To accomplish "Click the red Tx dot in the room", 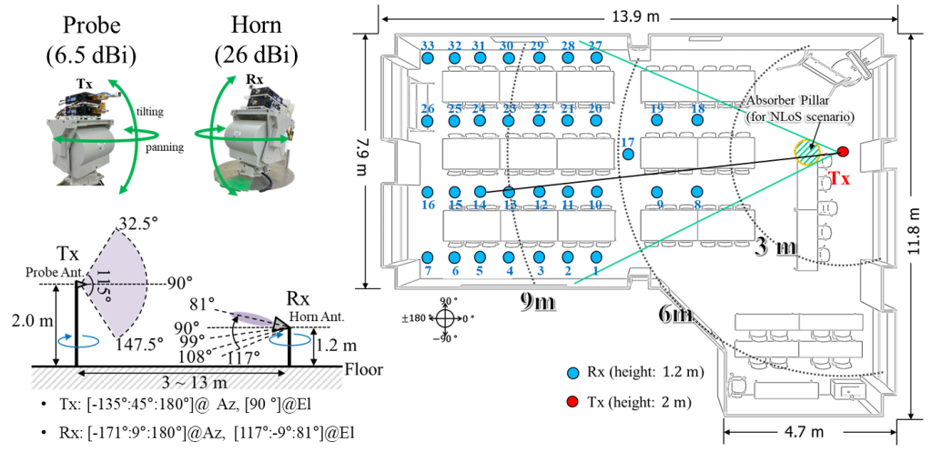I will point(843,151).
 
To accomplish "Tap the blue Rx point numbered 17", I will point(627,155).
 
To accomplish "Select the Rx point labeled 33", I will point(427,58).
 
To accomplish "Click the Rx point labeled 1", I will point(597,257).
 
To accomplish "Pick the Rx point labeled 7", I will point(427,257).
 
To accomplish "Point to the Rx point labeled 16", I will point(427,192).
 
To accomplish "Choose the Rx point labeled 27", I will point(597,57).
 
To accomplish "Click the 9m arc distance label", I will point(537,302).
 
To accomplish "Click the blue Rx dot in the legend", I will point(572,374).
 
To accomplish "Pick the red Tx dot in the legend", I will point(572,400).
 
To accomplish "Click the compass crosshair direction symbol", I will point(444,318).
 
